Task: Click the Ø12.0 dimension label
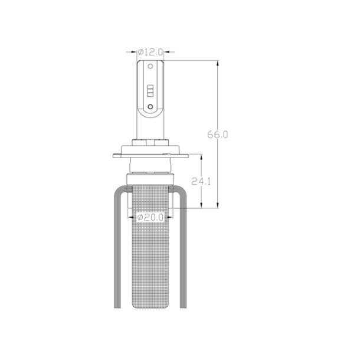[150, 52]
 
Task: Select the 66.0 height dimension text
[217, 135]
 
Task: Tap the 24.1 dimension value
[201, 182]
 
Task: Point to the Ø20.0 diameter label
[150, 217]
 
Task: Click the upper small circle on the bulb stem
[150, 66]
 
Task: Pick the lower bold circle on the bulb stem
[150, 107]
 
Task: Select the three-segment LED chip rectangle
[150, 91]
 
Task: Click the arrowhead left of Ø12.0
[134, 52]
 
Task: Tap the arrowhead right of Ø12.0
[167, 52]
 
